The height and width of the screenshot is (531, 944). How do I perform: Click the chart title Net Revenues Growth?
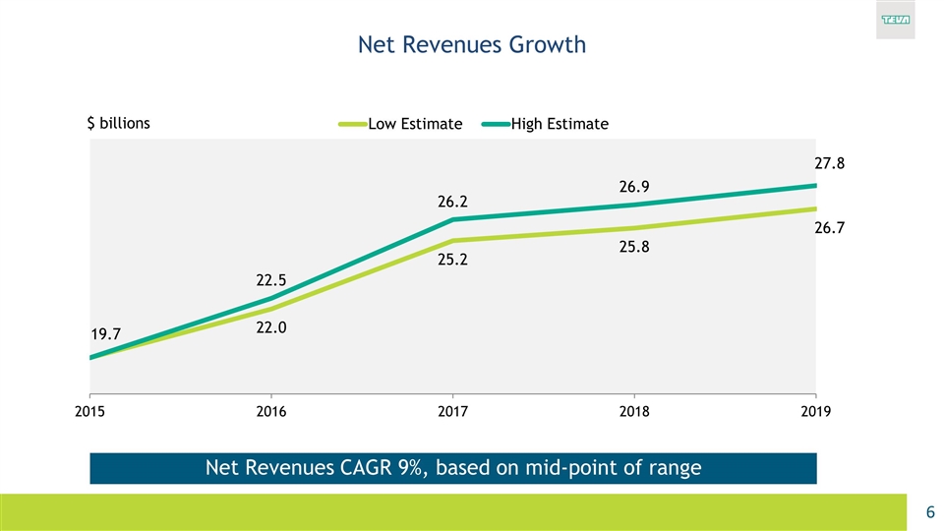coord(471,44)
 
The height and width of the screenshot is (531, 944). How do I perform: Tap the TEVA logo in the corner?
coord(894,21)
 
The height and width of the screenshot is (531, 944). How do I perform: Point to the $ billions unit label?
coord(119,124)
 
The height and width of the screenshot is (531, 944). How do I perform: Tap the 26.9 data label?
coord(633,187)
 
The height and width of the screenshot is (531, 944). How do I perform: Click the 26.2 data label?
coord(453,203)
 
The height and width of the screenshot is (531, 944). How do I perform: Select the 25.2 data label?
coord(453,262)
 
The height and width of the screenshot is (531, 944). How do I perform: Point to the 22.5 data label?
coord(271,280)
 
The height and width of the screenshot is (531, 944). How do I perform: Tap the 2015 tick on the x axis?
coord(89,413)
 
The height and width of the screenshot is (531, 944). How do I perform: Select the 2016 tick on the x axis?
coord(271,413)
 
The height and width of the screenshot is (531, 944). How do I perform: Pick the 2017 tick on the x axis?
coord(453,413)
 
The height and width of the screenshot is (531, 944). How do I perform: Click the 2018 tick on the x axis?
coord(634,413)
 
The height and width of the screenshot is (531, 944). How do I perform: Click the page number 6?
coord(929,512)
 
